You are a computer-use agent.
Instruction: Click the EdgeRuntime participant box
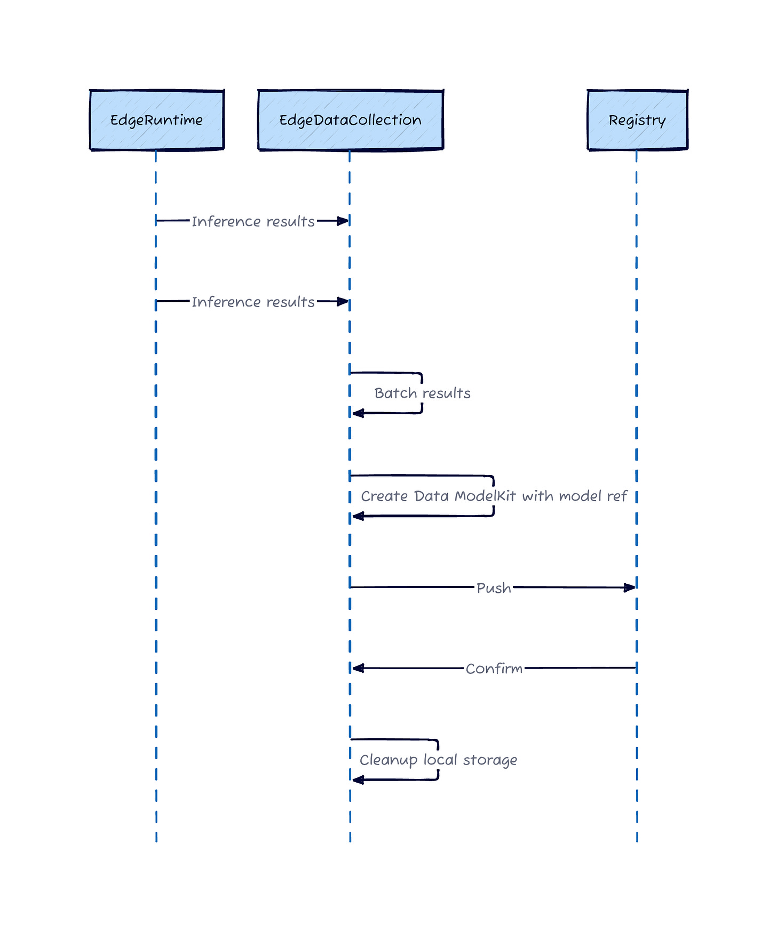coord(156,120)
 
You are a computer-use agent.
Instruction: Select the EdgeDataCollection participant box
coord(350,120)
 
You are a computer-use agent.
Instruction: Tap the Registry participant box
coord(637,120)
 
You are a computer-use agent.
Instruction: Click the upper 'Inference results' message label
coord(253,221)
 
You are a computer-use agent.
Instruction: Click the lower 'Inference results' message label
coord(253,302)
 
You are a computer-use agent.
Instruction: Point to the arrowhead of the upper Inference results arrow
coord(343,221)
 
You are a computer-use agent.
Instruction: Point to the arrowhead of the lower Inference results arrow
coord(343,302)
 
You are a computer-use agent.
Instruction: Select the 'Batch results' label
coord(422,393)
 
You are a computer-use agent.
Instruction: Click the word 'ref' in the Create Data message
coord(617,496)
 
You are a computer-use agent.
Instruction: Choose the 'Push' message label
coord(494,588)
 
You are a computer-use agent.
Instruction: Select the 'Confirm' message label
coord(494,669)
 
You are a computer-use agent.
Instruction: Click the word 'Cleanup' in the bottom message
coord(388,760)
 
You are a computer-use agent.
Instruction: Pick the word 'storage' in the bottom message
coord(490,760)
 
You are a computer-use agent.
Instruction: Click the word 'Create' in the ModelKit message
coord(384,496)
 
